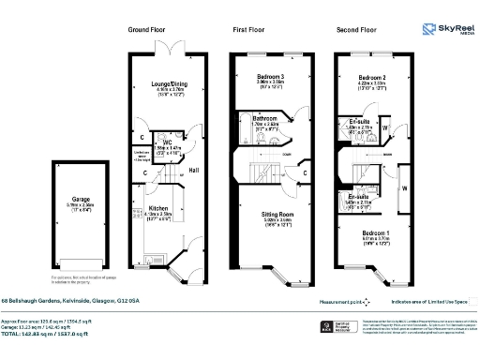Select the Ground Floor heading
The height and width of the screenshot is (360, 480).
click(x=146, y=30)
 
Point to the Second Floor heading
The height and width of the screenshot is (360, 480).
click(x=355, y=30)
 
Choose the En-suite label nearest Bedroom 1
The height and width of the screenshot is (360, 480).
click(x=359, y=197)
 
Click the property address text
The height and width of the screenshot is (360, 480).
click(x=77, y=300)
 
